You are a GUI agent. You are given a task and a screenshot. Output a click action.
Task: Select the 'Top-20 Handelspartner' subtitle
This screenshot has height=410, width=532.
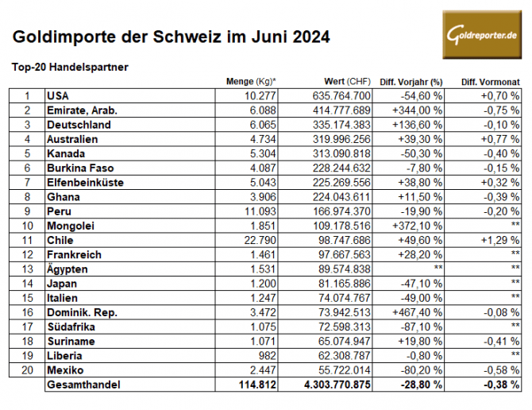(x=70, y=68)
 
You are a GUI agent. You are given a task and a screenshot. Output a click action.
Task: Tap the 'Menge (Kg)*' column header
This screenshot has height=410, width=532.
(x=251, y=82)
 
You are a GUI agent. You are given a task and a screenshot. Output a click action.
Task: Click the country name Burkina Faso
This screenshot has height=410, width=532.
(x=80, y=168)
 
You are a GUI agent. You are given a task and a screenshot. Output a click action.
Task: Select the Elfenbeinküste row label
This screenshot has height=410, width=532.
(x=85, y=182)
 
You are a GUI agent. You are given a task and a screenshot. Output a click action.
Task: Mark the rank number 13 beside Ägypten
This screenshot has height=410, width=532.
(x=26, y=268)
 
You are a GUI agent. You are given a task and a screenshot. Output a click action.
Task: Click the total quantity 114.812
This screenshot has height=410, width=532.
(x=255, y=383)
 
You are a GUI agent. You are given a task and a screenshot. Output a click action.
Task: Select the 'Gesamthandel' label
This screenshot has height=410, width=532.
(x=84, y=383)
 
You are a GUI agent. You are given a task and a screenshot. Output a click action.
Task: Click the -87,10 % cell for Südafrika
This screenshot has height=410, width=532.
(x=422, y=325)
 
